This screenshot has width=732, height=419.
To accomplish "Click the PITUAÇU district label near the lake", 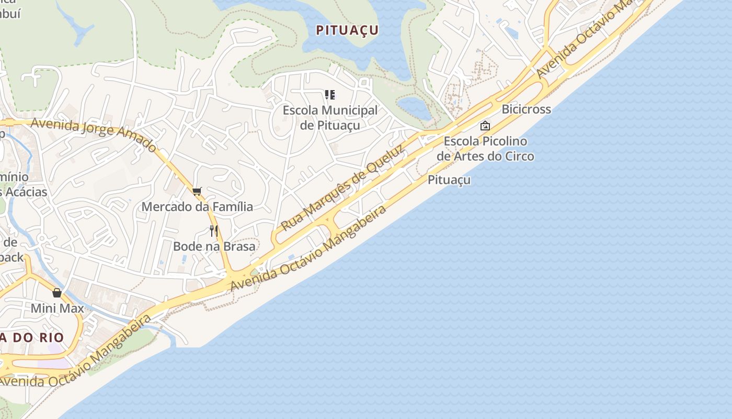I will coord(347,30).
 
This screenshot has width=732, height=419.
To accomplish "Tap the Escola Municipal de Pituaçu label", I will coord(330,118).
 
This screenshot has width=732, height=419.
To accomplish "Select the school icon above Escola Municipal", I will coord(330,95).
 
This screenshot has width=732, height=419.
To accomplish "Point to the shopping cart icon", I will coord(197,191).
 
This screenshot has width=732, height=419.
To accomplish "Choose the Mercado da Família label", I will coord(197,207).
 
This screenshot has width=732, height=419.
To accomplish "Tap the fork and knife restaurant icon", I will coord(213,230).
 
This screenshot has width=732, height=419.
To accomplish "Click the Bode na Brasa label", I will coord(214,246).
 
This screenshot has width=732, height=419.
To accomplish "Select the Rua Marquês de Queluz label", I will coord(342,189).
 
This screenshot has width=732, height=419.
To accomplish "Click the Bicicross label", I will coord(526,109).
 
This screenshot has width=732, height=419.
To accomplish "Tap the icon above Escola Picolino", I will coord(485,126).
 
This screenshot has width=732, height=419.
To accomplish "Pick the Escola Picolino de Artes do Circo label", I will coord(485,149).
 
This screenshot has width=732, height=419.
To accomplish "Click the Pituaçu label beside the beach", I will coord(449,180).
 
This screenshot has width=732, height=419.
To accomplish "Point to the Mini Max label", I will coord(57,308).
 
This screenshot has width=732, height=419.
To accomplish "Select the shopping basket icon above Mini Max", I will coord(57,292).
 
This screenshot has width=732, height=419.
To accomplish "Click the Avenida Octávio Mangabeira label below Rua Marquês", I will coord(308,248).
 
